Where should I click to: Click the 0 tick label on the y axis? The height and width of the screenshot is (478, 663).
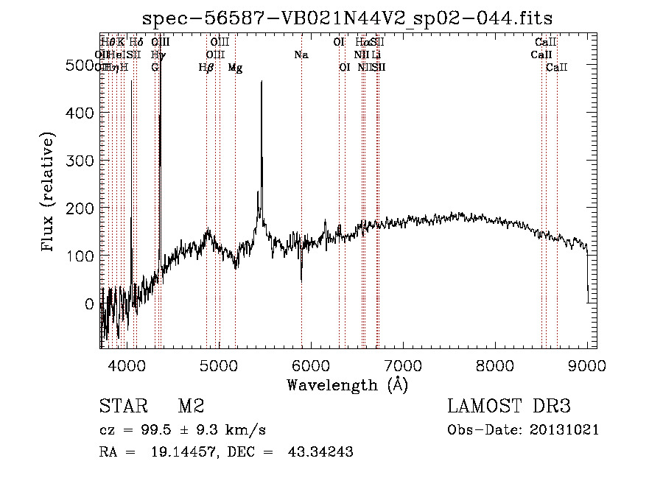[x=89, y=303]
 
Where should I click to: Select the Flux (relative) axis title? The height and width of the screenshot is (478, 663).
[x=49, y=193]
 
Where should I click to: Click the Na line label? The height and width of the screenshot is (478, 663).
[x=301, y=55]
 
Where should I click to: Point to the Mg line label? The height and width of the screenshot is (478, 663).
[x=235, y=68]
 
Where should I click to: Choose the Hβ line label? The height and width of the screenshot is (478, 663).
[x=206, y=68]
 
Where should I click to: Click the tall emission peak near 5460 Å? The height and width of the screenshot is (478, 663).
[x=262, y=83]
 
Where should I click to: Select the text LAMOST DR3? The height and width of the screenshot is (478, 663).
[x=509, y=407]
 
